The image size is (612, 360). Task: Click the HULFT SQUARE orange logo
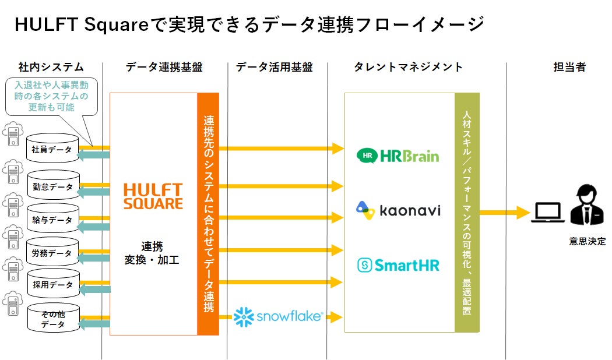[153, 196]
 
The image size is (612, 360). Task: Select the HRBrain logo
[398, 156]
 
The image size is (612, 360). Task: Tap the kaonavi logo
[398, 210]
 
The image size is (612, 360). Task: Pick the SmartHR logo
[398, 266]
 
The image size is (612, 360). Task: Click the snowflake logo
[278, 316]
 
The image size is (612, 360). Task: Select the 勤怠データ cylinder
[52, 186]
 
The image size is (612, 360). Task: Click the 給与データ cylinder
[52, 220]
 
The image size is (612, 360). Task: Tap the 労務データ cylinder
[52, 253]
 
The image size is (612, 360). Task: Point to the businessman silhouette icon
[587, 206]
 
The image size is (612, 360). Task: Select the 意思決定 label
[587, 241]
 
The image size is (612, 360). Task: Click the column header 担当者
[569, 67]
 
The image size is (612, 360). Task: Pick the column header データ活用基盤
[274, 67]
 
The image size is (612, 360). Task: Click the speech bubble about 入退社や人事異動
[51, 97]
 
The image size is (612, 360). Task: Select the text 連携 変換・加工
[152, 253]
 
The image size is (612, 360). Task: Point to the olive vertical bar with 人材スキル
[467, 213]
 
